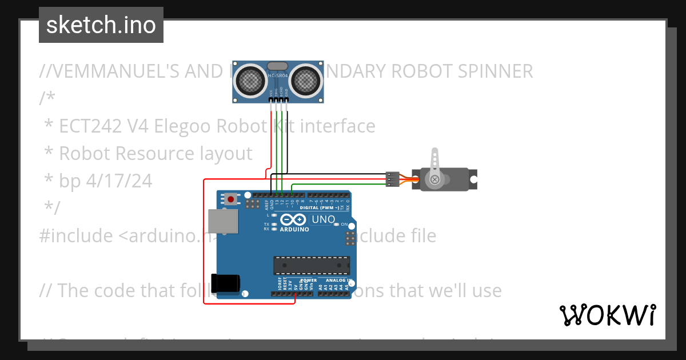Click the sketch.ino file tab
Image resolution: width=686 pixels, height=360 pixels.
pos(101,25)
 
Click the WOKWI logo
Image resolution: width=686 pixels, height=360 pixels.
pos(607,315)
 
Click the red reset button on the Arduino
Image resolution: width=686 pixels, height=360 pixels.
pos(230,199)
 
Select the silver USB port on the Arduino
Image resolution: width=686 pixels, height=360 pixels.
pos(222,222)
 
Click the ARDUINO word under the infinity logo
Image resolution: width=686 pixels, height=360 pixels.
pos(294,229)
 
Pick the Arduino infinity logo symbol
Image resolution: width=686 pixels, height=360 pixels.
pos(294,220)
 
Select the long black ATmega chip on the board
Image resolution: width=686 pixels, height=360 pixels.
pos(311,266)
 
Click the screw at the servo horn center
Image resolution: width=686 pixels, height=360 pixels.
pos(435,179)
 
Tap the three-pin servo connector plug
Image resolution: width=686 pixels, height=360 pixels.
pos(392,179)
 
